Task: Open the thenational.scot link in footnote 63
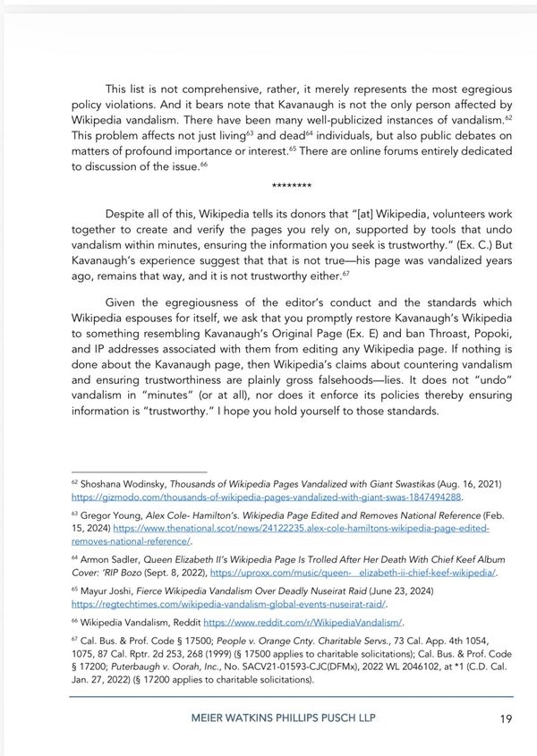tap(280, 528)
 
